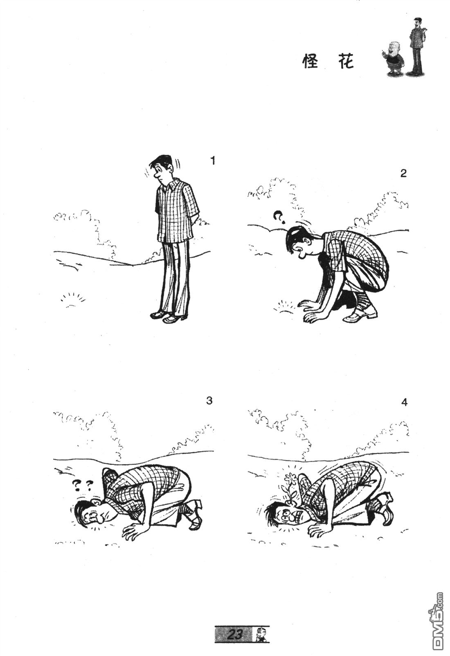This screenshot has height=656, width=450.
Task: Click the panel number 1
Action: pos(212,161)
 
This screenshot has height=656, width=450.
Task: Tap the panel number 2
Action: pos(403,174)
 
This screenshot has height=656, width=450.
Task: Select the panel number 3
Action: pos(209,400)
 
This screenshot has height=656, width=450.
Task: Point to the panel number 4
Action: pos(404,402)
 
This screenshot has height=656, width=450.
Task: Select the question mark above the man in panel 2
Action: pos(279,217)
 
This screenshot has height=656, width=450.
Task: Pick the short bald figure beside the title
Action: pos(394,57)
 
